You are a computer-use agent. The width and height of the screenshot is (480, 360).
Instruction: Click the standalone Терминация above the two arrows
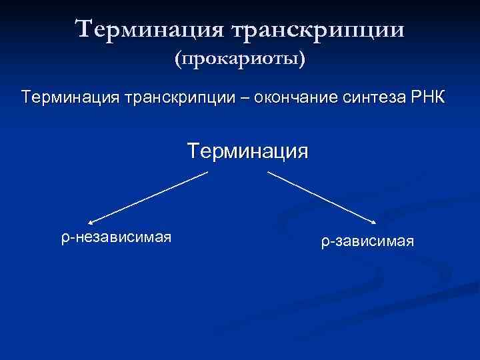248,150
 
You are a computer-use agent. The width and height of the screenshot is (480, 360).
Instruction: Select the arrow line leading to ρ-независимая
148,197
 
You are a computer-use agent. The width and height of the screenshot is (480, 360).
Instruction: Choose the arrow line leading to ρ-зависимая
322,197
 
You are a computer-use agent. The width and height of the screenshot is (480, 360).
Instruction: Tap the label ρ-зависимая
367,241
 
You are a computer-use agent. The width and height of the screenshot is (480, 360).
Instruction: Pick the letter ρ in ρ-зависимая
323,242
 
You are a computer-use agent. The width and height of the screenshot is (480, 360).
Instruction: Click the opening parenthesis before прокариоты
177,61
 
